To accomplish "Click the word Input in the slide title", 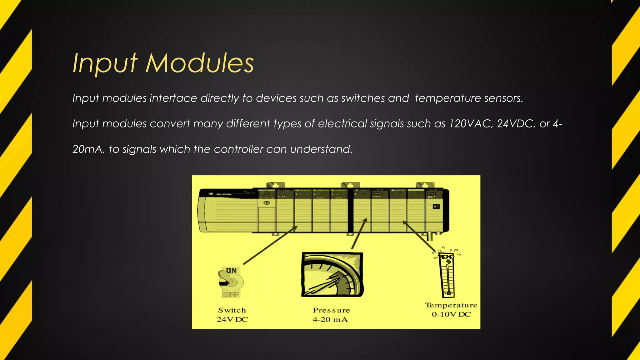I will tap(105, 63).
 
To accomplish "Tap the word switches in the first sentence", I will tap(363, 98).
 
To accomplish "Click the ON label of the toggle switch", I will tap(231, 271).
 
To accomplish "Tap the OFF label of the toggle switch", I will tap(231, 294).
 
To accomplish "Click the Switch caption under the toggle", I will tap(232, 310).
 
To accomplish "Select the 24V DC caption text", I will tap(232, 320).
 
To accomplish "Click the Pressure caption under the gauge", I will tap(331, 310).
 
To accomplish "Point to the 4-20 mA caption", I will tap(330, 320).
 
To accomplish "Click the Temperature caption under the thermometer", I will tap(451, 305).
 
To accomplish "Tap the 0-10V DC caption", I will tap(451, 314).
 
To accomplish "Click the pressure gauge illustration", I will tap(332, 275).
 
